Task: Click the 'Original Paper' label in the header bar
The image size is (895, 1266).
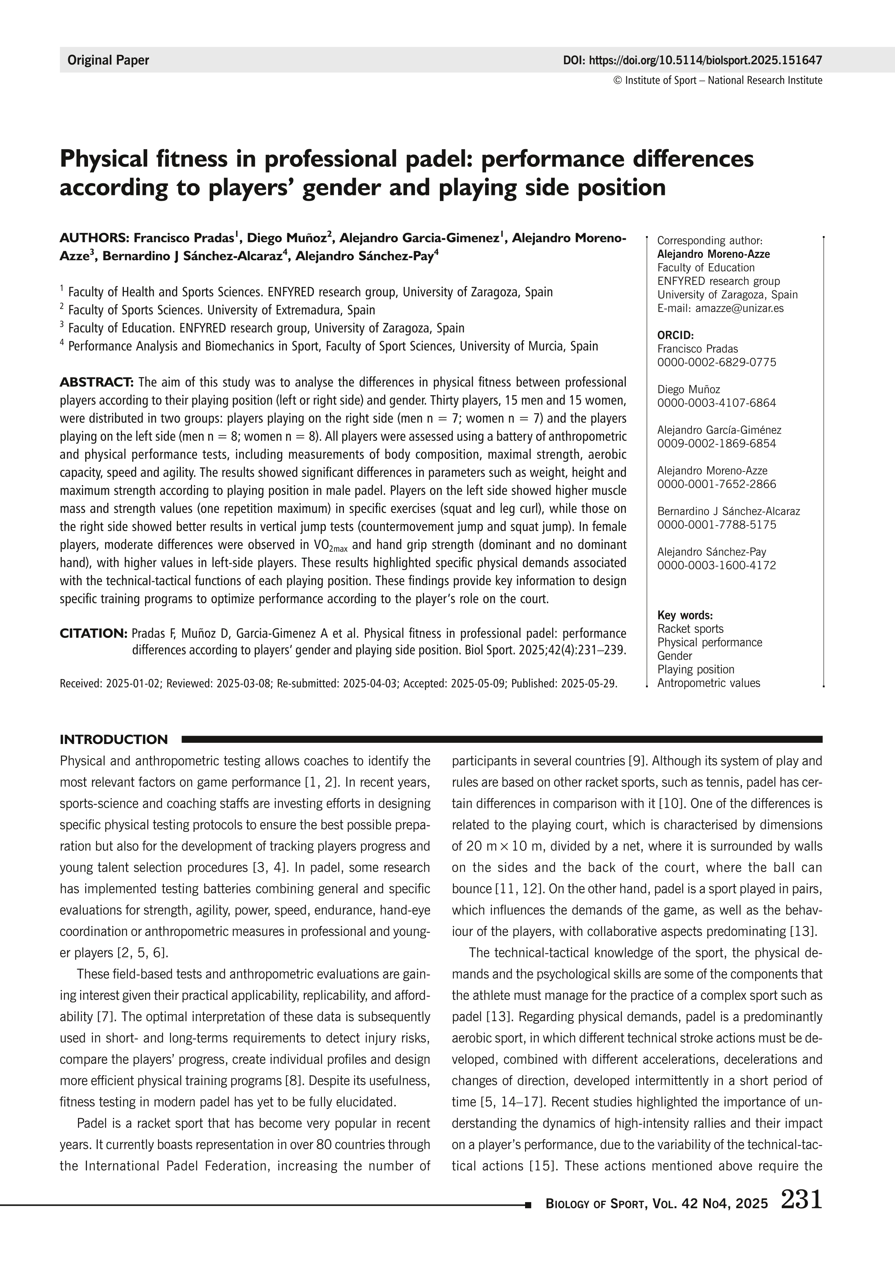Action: [x=108, y=60]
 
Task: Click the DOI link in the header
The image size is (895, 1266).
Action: [x=692, y=60]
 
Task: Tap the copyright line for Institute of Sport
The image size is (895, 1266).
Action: [x=717, y=81]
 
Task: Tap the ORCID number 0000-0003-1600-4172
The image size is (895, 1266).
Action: [x=716, y=565]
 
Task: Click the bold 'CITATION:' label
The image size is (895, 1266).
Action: [x=93, y=633]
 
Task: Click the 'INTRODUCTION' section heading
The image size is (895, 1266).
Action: [x=114, y=739]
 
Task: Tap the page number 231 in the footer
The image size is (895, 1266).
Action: [x=801, y=1199]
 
